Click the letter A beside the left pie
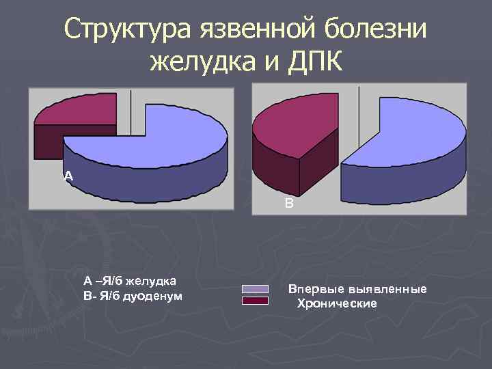(x=67, y=176)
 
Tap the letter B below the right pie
(x=289, y=203)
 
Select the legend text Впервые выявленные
(x=357, y=290)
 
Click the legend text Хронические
(x=336, y=303)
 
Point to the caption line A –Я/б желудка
(x=129, y=281)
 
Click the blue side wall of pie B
(x=403, y=184)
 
